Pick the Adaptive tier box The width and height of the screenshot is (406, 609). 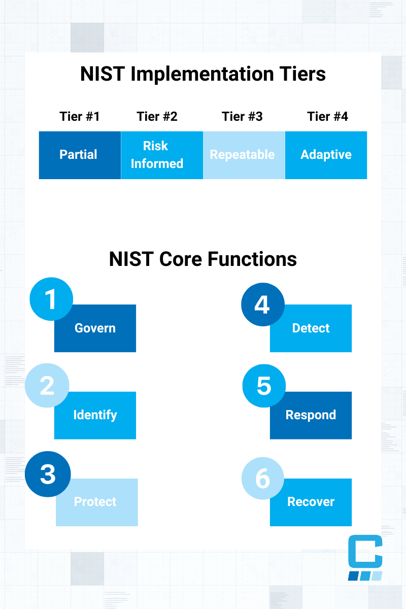(326, 155)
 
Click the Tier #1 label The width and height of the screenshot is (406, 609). (80, 117)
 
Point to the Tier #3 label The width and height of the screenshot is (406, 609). (242, 117)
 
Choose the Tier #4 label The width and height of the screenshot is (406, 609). (327, 117)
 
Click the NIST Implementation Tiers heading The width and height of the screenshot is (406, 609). (203, 74)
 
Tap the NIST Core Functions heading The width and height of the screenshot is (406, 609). (203, 259)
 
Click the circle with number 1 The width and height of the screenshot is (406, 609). (51, 299)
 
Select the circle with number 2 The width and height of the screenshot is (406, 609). (47, 386)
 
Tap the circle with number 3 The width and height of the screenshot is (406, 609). (47, 473)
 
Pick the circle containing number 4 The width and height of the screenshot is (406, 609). (262, 304)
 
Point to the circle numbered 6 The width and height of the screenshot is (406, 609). (262, 479)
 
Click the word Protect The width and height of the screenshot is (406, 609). (95, 502)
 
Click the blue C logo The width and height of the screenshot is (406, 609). (365, 557)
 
